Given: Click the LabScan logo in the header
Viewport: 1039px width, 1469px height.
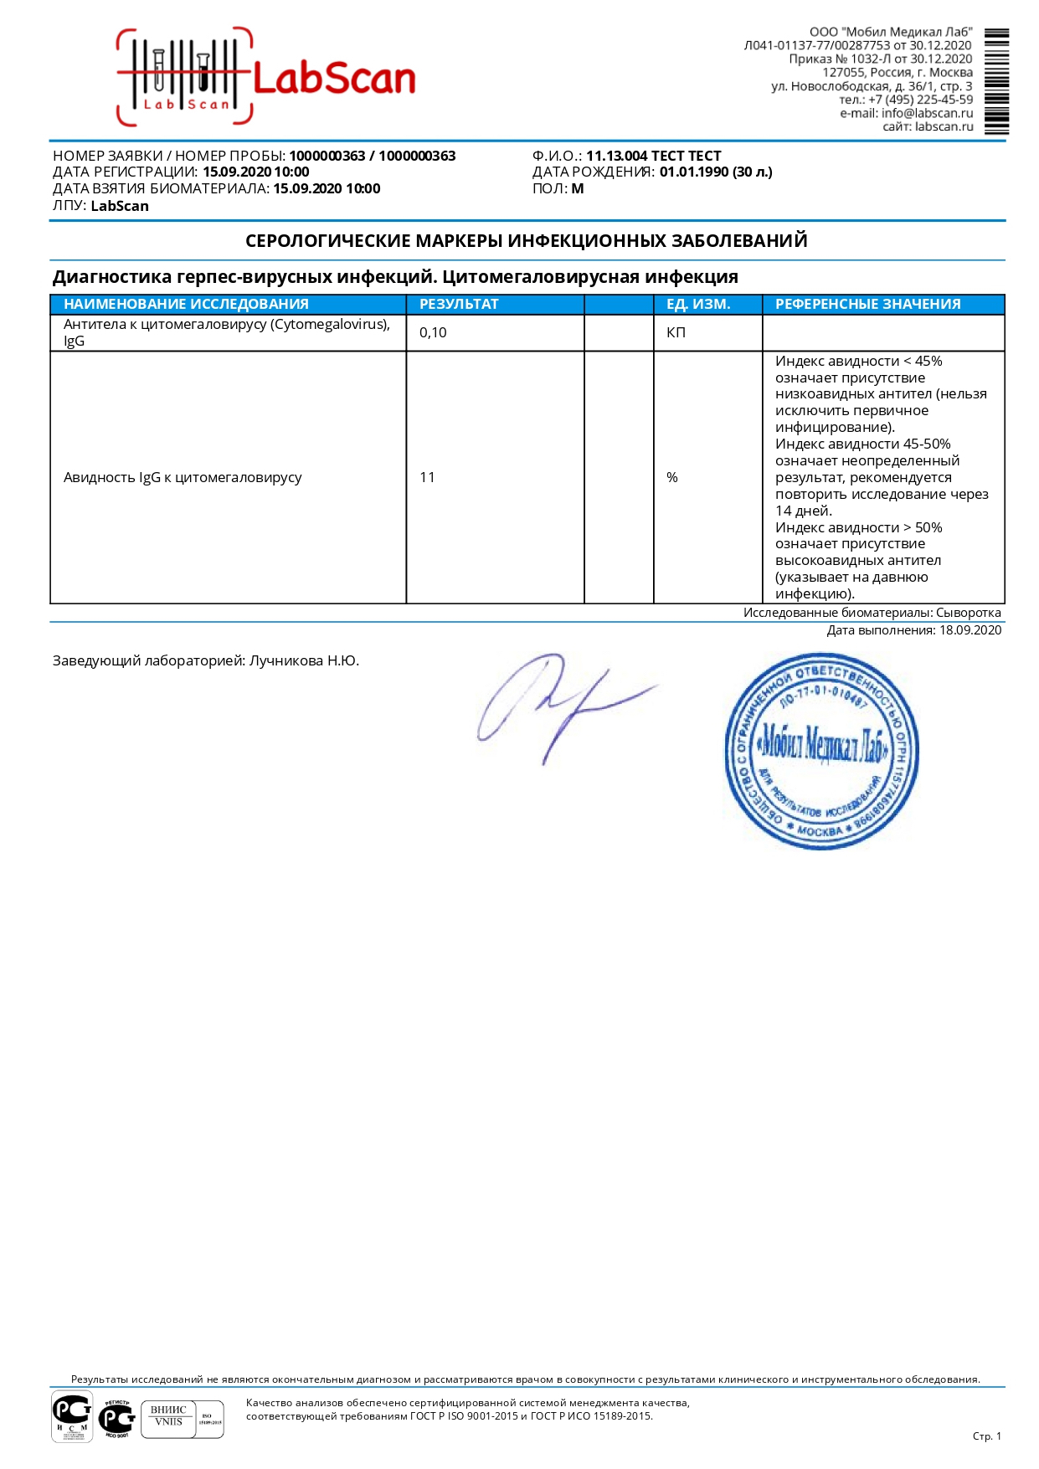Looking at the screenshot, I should coord(266,78).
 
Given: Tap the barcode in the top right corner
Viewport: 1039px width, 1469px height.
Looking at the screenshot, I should coord(995,81).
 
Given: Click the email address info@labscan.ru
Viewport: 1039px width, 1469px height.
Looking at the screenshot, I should coord(927,113).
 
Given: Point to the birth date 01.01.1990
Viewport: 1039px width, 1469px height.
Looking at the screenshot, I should coord(693,172).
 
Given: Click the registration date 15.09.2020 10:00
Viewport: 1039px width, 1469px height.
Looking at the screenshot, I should coord(255,172).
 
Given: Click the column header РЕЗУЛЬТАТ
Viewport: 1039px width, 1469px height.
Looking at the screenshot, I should coord(459,305).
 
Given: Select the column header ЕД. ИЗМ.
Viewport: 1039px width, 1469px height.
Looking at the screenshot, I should coord(698,305).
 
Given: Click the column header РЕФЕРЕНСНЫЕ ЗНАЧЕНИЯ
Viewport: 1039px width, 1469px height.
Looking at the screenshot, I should coord(867,305).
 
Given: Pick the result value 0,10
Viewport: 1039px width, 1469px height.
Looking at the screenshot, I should coord(433,333).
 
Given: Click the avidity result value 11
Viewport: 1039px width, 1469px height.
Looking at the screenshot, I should coord(427,478).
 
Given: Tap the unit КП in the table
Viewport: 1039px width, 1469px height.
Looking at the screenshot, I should coord(676,333).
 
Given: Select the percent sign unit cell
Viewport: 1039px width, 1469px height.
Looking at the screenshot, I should coord(671,478).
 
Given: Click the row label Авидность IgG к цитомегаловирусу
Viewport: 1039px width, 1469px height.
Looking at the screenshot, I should coord(183,478).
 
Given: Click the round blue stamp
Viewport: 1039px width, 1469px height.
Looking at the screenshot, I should coord(821,752).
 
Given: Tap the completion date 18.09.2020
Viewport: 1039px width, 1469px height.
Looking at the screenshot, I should coord(970,630).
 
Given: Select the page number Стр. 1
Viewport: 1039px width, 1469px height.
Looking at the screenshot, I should coord(986,1436).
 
